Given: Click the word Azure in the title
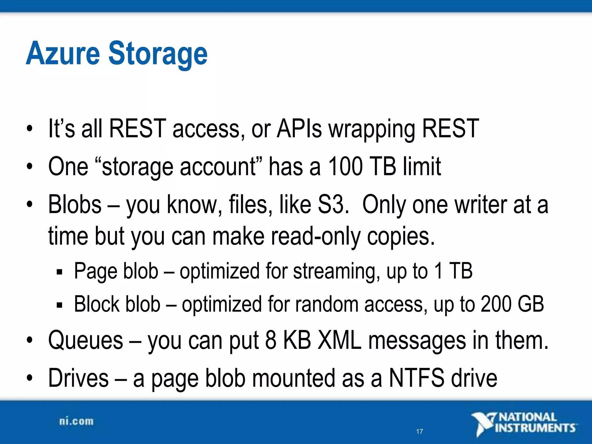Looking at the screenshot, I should click(x=63, y=53).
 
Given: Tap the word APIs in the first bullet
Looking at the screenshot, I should click(x=299, y=129).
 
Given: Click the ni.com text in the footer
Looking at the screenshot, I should click(x=76, y=421).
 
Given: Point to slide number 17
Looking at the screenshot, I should click(x=419, y=432).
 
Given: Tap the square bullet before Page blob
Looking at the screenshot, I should click(x=60, y=272).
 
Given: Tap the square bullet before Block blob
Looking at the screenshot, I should click(x=60, y=305).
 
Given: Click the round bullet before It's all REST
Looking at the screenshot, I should click(x=29, y=129).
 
